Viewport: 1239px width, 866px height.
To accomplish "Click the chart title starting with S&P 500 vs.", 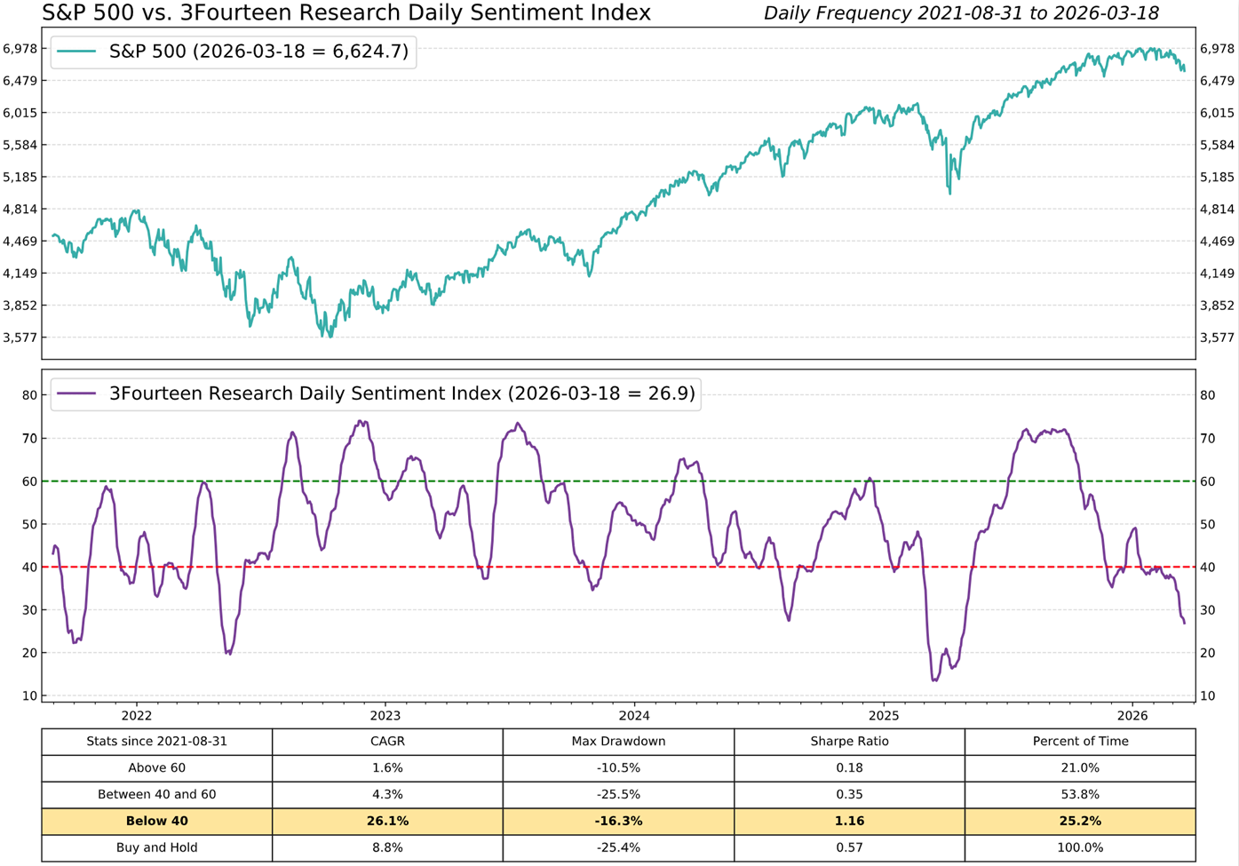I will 346,13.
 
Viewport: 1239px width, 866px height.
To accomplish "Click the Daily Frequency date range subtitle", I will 961,13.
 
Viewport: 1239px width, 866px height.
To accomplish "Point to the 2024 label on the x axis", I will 634,715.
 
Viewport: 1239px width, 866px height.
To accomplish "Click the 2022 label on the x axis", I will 137,715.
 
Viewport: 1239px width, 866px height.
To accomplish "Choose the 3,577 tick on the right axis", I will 1217,338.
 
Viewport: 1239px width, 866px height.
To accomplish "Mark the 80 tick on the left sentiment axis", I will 29,395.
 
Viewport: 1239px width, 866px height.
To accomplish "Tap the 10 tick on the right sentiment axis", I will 1207,695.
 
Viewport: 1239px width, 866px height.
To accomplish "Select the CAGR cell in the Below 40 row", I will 387,821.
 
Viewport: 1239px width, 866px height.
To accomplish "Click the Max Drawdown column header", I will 618,741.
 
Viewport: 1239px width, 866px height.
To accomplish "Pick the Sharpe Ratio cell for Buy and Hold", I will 849,847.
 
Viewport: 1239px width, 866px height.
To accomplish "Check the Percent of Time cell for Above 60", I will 1080,767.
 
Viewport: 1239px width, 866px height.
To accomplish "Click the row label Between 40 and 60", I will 157,794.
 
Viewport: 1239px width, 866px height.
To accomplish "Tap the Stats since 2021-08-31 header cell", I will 157,741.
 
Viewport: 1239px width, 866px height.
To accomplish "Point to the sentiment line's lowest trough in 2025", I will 934,679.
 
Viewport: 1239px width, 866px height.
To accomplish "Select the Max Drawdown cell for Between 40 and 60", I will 618,794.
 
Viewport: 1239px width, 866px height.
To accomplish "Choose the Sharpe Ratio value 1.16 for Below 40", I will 849,821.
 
